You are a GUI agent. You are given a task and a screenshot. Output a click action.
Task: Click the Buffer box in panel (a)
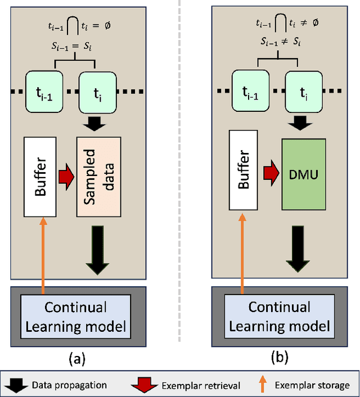[x=39, y=176]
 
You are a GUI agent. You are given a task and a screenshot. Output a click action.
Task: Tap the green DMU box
[x=303, y=175]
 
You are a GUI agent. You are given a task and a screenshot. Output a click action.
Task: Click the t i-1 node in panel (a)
[x=47, y=93]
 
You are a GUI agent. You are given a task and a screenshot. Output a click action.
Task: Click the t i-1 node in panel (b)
[x=251, y=93]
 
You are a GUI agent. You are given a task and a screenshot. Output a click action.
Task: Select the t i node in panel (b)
[x=304, y=93]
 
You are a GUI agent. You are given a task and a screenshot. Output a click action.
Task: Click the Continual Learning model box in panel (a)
[x=75, y=316]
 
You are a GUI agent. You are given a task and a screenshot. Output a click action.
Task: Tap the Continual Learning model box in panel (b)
[x=280, y=316]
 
